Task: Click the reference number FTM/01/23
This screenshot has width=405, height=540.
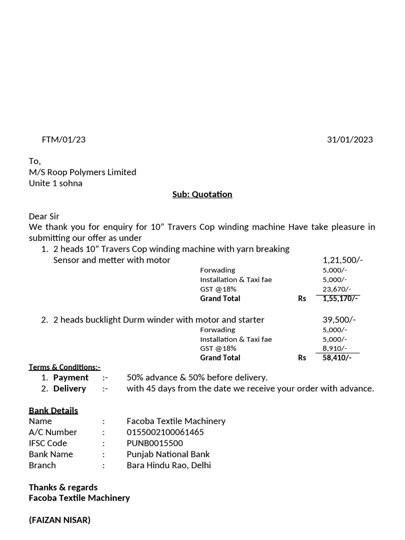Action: (63, 140)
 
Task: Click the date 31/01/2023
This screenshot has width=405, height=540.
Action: (350, 140)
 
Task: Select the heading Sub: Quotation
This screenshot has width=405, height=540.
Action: (202, 195)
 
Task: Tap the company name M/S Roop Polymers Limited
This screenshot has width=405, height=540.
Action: (82, 172)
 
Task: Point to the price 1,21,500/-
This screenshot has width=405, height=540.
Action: (342, 260)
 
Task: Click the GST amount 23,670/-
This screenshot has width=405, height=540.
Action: (335, 289)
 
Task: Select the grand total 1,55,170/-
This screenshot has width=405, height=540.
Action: (340, 298)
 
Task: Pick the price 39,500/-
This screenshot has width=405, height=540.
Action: (339, 320)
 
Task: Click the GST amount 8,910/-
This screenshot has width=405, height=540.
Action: (335, 349)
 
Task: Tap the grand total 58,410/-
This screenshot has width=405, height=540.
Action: (337, 358)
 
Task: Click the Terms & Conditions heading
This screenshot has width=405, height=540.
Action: (64, 367)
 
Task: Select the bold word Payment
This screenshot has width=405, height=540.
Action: (71, 378)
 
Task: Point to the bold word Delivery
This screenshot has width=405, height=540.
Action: (70, 389)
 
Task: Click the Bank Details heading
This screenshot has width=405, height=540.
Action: (53, 410)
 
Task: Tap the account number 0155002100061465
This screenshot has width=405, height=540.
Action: (165, 432)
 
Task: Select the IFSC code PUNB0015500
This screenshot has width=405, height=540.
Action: (155, 443)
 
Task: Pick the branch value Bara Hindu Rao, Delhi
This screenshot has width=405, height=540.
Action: (169, 466)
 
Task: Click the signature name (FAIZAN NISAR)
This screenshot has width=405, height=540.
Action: (60, 520)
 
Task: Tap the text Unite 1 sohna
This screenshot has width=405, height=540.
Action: (55, 184)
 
